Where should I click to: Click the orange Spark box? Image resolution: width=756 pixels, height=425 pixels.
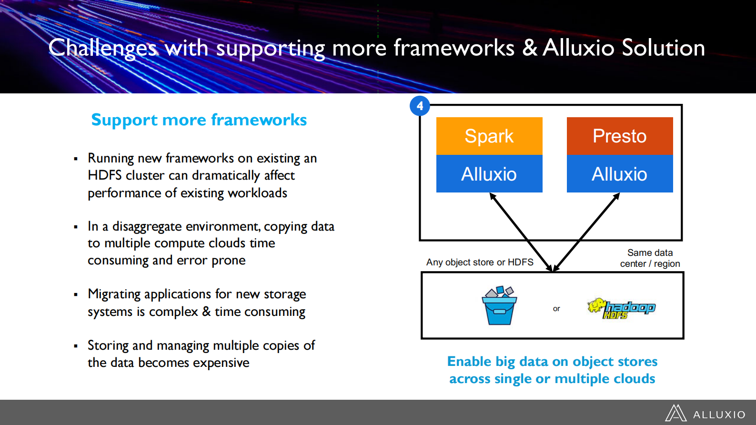pos(489,136)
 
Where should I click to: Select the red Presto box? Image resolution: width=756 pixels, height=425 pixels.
pos(619,136)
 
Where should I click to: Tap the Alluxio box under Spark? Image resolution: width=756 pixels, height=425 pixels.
pos(489,174)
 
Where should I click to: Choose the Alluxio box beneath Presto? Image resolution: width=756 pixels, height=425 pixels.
pos(619,174)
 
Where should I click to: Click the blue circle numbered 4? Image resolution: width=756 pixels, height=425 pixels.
pos(420,106)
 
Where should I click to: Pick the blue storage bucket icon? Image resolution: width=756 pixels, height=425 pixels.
pos(499,306)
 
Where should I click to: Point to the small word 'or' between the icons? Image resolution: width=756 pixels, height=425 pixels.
pos(556,309)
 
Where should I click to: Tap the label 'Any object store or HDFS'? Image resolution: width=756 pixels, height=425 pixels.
pos(480,262)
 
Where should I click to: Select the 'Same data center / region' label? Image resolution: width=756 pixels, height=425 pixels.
pos(650,258)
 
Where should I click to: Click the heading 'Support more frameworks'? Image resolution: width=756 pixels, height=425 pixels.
pos(199,120)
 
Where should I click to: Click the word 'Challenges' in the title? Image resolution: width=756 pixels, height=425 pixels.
pos(102,48)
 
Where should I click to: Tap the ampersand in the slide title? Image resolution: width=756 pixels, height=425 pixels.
pos(530,48)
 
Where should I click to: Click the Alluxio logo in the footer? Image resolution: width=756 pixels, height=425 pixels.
pos(705,414)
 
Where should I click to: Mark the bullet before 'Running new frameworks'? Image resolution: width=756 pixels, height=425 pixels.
pos(76,159)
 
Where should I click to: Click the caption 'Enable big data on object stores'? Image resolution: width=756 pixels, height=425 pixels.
pos(552,362)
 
